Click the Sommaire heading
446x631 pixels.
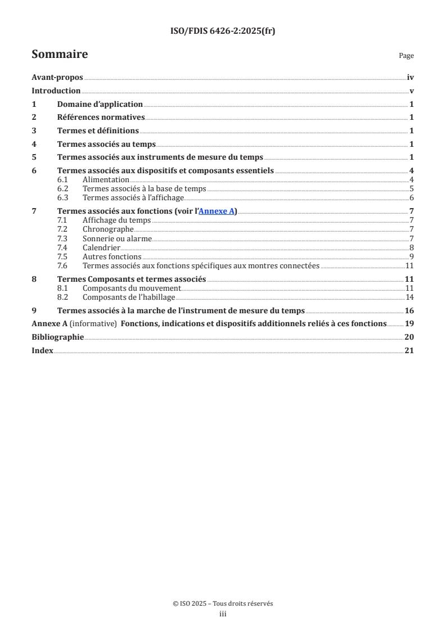point(60,55)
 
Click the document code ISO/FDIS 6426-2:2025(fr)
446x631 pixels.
point(223,31)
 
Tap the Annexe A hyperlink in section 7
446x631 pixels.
point(217,211)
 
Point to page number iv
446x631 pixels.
point(411,78)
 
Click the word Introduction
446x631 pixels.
point(56,91)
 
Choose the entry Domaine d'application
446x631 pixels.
point(100,104)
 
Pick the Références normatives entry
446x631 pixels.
point(101,117)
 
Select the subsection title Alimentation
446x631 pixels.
point(106,179)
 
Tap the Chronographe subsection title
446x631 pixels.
point(108,229)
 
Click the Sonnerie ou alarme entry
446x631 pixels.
point(117,238)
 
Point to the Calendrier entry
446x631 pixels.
point(101,247)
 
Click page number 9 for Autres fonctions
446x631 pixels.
point(412,256)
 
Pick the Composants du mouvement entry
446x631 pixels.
point(132,288)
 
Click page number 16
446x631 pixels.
point(409,310)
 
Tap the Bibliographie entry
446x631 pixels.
point(57,337)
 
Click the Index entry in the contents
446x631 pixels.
point(42,350)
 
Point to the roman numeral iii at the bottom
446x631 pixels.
point(223,614)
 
